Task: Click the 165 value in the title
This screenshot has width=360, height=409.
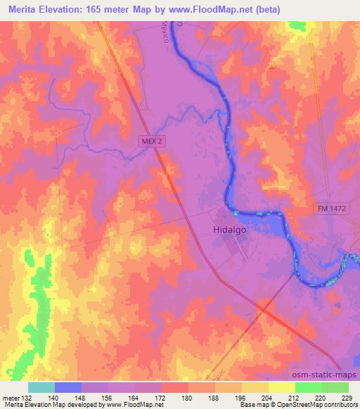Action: pyautogui.click(x=108, y=9)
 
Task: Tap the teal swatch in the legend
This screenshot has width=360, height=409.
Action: pyautogui.click(x=41, y=387)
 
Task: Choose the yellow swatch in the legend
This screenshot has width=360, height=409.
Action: pyautogui.click(x=281, y=387)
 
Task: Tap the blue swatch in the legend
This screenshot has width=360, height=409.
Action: pyautogui.click(x=68, y=387)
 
